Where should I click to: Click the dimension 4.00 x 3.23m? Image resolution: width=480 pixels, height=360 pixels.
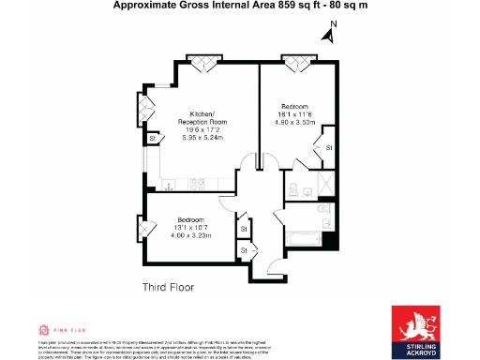point(189,234)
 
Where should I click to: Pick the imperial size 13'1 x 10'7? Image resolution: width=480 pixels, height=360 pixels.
point(189,227)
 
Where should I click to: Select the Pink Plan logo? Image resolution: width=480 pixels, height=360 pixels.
point(58,330)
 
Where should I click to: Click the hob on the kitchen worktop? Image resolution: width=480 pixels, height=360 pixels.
point(198,183)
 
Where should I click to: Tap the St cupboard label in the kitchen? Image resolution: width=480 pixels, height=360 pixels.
point(151,140)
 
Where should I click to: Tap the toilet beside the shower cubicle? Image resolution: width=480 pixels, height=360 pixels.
point(295,188)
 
